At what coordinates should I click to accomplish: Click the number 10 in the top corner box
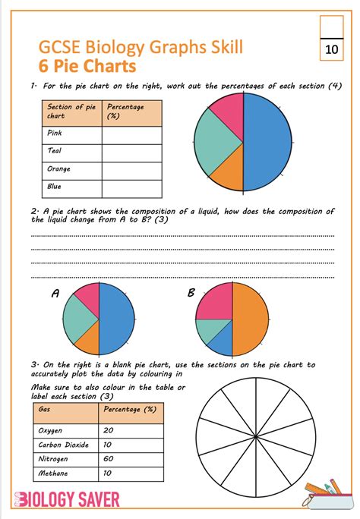click(x=331, y=50)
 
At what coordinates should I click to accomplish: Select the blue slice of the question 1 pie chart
click(x=268, y=140)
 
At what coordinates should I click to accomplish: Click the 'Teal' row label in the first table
click(x=55, y=151)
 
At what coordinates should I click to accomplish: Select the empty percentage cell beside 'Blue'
click(x=132, y=187)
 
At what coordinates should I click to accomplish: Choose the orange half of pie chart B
click(x=251, y=319)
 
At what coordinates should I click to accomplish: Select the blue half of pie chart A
click(x=115, y=319)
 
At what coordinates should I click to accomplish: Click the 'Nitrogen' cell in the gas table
click(x=52, y=458)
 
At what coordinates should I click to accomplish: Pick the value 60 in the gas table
click(x=109, y=458)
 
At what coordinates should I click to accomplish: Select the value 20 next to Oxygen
click(x=109, y=430)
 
